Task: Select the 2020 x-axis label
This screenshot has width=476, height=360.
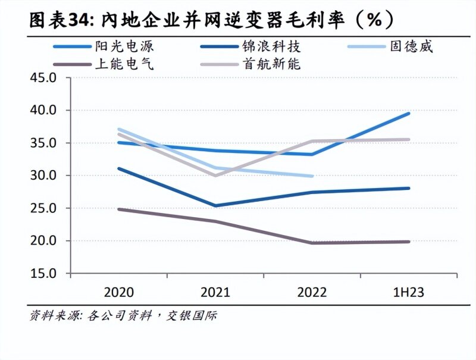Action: (x=118, y=293)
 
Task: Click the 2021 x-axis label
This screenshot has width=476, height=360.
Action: (x=215, y=293)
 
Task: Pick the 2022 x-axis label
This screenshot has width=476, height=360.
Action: (x=312, y=293)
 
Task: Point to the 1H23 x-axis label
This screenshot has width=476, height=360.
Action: (x=409, y=293)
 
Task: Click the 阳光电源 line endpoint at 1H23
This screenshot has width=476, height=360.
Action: (x=409, y=113)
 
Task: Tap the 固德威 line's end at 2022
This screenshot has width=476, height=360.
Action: (x=312, y=176)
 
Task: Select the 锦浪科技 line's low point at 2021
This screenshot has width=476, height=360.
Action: (x=215, y=206)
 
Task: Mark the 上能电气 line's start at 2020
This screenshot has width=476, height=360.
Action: (x=119, y=209)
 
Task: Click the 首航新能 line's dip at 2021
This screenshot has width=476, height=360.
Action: (x=215, y=176)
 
